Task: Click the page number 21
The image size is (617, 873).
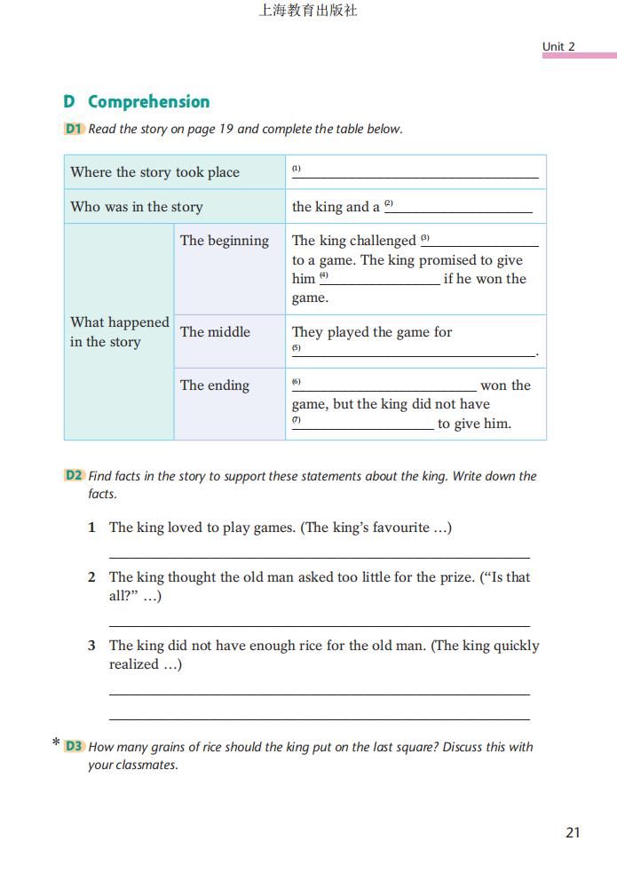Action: [573, 832]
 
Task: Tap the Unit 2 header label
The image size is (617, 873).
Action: [558, 46]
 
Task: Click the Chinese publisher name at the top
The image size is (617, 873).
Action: [307, 12]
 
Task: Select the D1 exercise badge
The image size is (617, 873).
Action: [74, 129]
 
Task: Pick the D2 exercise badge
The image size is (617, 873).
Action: [74, 476]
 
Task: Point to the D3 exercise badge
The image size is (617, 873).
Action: [74, 747]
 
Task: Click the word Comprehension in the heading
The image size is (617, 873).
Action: [148, 101]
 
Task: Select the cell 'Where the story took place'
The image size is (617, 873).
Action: [155, 172]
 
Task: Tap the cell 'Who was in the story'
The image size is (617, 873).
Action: [137, 207]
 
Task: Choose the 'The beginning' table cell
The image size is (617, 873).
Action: [224, 241]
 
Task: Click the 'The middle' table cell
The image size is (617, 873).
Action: [215, 332]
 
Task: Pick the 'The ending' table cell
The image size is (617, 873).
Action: [214, 385]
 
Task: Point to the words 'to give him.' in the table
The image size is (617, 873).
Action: [474, 424]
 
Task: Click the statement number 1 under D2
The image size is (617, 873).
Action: [91, 528]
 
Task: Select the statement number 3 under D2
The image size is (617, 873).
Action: [91, 646]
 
